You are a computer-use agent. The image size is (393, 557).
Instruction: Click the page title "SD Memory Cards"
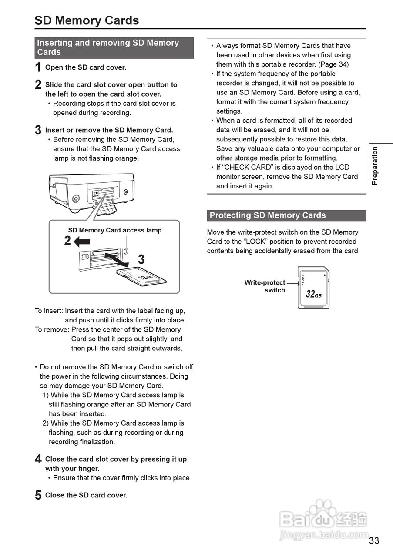click(87, 20)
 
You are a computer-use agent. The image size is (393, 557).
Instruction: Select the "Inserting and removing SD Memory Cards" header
click(114, 47)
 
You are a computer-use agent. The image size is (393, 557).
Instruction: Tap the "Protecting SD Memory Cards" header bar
click(286, 215)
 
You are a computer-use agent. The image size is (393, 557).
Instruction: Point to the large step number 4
click(38, 460)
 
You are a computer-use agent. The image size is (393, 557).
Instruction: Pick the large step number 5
click(38, 496)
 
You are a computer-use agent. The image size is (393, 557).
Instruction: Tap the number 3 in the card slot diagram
click(141, 260)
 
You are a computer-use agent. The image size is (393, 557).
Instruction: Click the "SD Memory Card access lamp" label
click(114, 230)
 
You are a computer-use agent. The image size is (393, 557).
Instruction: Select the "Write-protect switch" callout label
click(265, 286)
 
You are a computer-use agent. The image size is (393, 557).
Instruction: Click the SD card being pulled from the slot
click(142, 276)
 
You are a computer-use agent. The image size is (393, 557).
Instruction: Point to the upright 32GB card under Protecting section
click(313, 287)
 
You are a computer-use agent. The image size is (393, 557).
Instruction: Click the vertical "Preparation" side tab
click(375, 166)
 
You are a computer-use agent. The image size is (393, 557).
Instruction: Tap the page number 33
click(374, 540)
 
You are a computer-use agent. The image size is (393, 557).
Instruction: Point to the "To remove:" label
click(52, 330)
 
